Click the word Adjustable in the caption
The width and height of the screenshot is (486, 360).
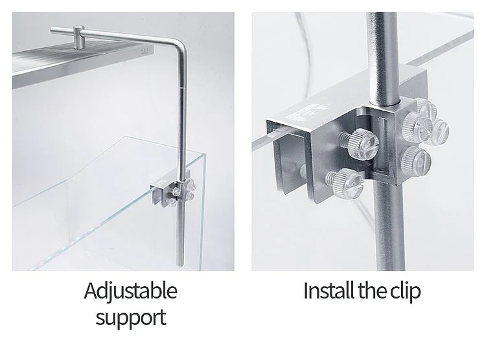pyautogui.click(x=130, y=291)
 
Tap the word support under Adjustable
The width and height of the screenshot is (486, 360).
pyautogui.click(x=131, y=318)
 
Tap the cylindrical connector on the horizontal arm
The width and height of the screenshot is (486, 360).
pyautogui.click(x=79, y=37)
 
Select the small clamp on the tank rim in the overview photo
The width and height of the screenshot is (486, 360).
pyautogui.click(x=173, y=193)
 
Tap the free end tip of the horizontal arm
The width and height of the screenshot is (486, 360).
pyautogui.click(x=51, y=30)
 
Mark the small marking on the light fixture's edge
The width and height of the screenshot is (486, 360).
pyautogui.click(x=145, y=51)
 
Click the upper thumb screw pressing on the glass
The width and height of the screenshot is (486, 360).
pyautogui.click(x=360, y=144)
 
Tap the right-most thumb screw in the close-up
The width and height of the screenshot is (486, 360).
pyautogui.click(x=439, y=132)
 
